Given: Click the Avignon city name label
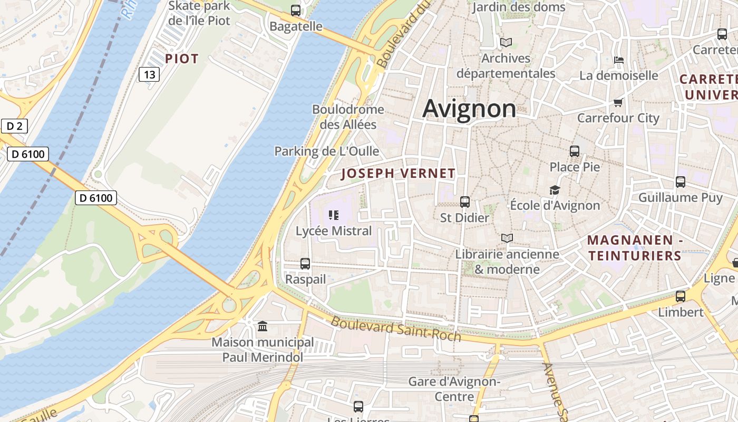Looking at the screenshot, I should coord(469,109).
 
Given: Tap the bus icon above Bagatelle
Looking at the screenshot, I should coord(296,10).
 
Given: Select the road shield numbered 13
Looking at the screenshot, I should coord(149,74).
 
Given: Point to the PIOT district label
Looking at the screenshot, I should coord(182,59).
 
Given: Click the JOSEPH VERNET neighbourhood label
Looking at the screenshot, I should coord(398,174).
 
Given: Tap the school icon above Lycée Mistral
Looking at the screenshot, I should coord(333,215).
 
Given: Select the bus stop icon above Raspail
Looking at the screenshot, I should coord(305,263).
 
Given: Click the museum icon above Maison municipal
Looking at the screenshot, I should coord(263,327).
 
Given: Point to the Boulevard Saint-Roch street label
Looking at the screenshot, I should coord(396,329).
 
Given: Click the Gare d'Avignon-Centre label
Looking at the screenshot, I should coord(454,389).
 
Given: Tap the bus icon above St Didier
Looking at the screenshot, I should coord(464,202).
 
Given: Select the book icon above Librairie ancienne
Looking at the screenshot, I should coord(507,238).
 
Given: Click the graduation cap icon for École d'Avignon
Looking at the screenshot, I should coord(555,190).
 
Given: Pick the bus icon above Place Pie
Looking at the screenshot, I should coord(575,151).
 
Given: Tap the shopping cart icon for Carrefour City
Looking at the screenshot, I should coord(618,102).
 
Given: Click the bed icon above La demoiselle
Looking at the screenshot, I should coord(619,60).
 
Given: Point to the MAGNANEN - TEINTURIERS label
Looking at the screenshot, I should coord(635,248).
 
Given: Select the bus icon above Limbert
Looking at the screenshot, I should coord(681,296).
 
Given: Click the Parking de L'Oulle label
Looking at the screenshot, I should coord(326,151).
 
